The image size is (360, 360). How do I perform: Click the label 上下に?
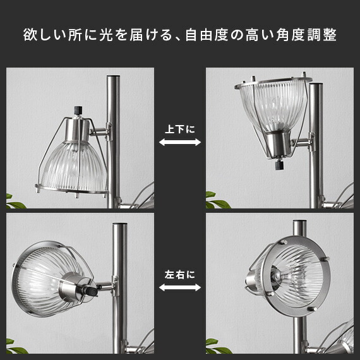point(180,129)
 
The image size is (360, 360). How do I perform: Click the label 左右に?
point(180,275)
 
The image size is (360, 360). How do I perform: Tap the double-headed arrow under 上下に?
point(180,142)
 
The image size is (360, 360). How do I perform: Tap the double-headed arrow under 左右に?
point(180,287)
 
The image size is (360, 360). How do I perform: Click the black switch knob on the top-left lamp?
point(78,110)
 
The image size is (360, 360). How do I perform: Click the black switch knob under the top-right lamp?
point(279,164)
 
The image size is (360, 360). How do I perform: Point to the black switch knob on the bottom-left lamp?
point(92,291)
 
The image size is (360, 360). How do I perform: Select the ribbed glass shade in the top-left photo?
point(73,166)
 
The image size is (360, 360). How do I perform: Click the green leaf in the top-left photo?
point(15,203)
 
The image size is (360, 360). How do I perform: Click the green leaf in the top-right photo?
point(217,201)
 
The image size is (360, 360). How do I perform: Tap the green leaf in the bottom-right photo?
point(218,347)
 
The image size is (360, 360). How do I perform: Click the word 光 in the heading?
point(106,35)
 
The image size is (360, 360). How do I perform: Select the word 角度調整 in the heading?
point(306,35)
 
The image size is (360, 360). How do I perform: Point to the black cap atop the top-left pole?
point(114,76)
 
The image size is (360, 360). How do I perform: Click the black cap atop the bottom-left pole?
point(120,224)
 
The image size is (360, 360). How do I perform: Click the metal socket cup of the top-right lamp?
point(278,145)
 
